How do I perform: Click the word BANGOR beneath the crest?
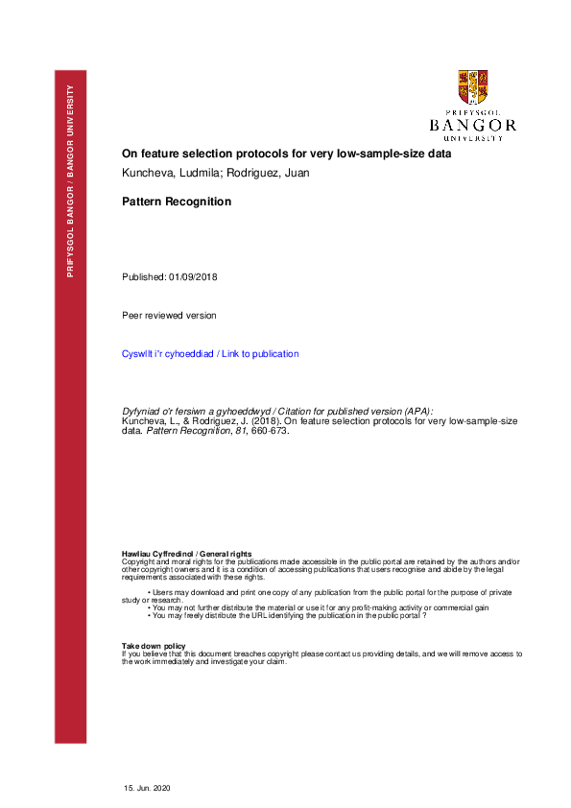(473, 125)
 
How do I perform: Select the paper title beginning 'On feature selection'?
(286, 154)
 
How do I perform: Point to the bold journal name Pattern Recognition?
(177, 202)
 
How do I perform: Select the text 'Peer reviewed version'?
(169, 315)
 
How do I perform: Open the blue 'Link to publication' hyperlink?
(259, 354)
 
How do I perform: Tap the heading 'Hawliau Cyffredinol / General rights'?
(186, 555)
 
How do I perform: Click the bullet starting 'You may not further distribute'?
(320, 607)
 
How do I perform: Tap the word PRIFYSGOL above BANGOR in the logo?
(473, 112)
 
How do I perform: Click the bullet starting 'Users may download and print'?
(326, 592)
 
